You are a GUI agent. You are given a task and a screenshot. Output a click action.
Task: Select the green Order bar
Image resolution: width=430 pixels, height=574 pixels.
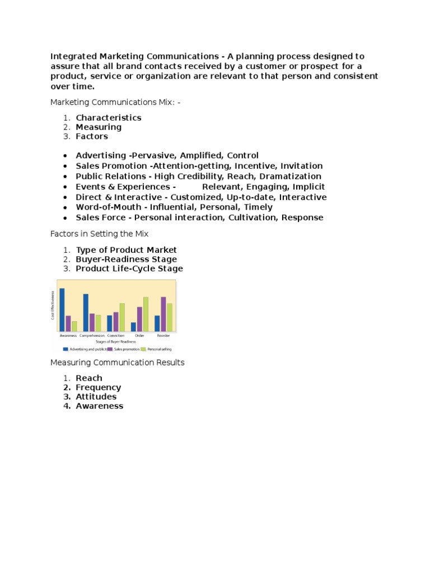click(146, 314)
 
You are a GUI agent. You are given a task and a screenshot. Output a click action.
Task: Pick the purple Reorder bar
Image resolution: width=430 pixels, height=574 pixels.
click(163, 314)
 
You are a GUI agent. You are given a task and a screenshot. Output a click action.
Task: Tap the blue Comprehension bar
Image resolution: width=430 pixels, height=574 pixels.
click(86, 312)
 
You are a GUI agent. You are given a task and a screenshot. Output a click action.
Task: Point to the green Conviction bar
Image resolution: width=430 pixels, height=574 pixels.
click(122, 317)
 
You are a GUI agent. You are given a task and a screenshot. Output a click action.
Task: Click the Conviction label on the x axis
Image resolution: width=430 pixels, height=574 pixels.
click(116, 335)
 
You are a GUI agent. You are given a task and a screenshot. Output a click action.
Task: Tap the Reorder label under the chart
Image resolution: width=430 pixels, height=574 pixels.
click(163, 335)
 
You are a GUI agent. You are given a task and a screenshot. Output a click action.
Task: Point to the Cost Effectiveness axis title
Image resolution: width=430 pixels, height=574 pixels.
click(53, 305)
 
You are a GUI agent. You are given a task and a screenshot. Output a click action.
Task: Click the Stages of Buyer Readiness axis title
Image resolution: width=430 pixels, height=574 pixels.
click(116, 341)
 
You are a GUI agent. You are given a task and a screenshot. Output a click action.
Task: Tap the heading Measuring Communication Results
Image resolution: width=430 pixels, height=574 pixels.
click(117, 363)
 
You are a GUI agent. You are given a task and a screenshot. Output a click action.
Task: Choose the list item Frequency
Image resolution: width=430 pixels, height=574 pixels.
click(99, 387)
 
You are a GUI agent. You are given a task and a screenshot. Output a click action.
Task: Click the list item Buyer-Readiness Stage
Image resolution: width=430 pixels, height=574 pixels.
click(127, 260)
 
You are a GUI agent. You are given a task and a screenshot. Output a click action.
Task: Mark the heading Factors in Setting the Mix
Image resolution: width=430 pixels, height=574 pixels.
click(99, 233)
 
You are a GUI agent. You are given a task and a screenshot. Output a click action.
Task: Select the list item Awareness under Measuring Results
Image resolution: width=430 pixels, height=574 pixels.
click(100, 406)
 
